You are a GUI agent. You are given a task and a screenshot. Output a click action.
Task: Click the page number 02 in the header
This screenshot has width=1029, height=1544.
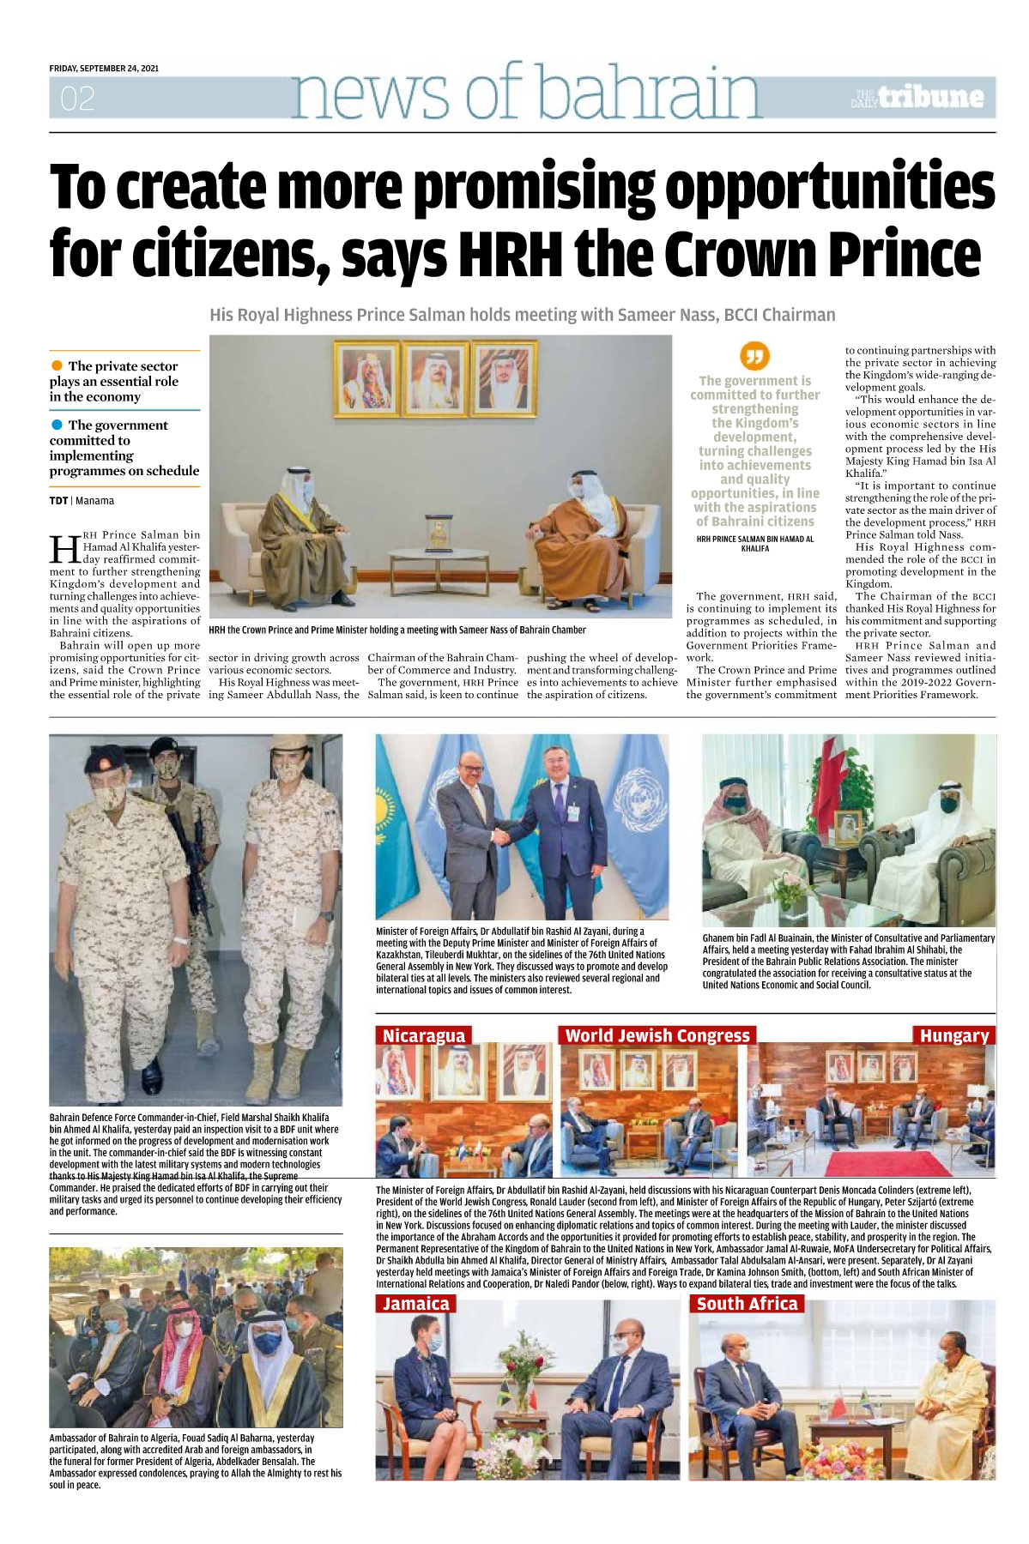click(x=77, y=100)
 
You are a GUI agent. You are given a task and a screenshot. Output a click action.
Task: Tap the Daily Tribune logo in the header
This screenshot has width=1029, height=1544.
click(x=917, y=98)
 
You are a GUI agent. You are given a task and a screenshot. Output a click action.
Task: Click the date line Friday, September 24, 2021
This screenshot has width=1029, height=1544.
click(x=104, y=69)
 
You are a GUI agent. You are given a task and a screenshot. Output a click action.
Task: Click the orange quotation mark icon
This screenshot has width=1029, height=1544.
click(x=754, y=356)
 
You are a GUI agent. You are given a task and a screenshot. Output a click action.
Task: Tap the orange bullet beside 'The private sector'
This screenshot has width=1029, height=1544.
click(x=58, y=366)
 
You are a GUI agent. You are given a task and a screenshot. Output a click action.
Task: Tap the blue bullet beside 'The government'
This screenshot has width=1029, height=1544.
click(x=58, y=425)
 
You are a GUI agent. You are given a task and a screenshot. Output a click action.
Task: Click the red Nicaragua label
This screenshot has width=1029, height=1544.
click(x=424, y=1035)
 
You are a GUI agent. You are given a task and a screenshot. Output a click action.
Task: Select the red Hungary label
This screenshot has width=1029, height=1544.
click(x=953, y=1035)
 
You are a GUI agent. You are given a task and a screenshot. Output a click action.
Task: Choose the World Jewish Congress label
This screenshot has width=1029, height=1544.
click(x=657, y=1035)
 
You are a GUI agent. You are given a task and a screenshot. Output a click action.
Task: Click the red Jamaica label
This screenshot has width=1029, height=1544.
click(x=415, y=1304)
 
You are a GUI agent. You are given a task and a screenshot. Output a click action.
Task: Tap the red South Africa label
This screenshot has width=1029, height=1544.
click(x=747, y=1304)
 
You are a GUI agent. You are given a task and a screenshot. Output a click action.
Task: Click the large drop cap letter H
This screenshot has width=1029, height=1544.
click(x=65, y=548)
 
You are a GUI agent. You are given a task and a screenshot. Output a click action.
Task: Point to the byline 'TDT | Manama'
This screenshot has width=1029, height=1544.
click(x=82, y=501)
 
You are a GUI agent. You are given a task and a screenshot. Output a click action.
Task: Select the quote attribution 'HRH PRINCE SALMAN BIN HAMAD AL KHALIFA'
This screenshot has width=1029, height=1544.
click(x=754, y=544)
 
